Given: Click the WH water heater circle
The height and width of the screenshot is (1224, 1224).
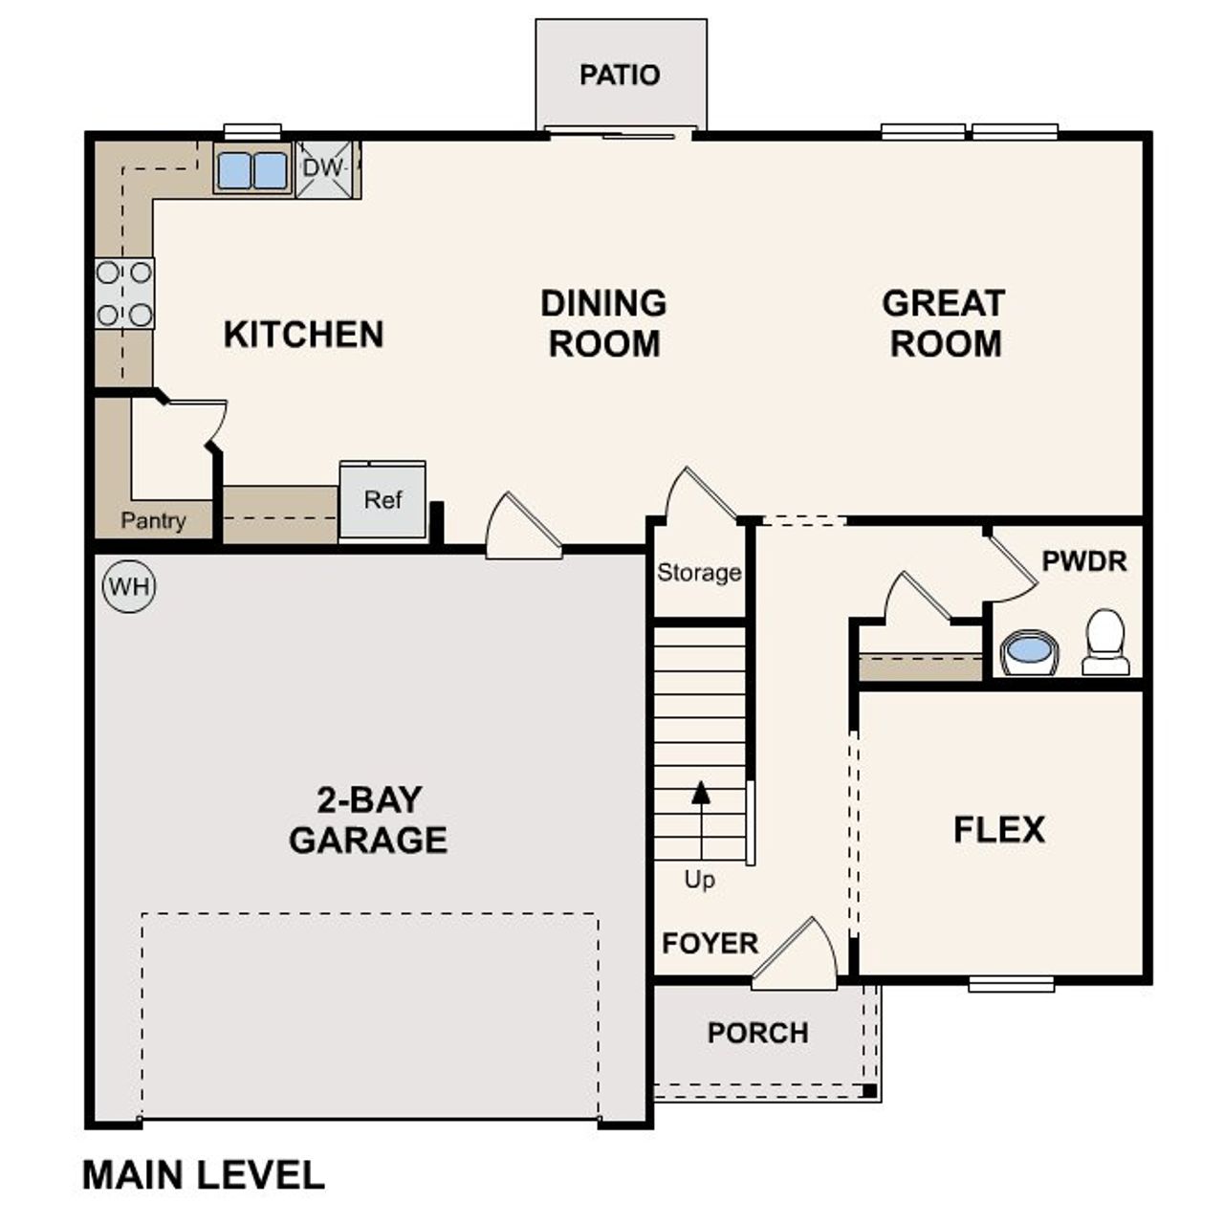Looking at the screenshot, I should [x=129, y=585].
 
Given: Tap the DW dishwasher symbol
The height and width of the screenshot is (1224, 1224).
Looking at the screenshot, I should [x=324, y=168].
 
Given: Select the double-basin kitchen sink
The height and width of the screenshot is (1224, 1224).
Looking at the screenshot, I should [x=252, y=170].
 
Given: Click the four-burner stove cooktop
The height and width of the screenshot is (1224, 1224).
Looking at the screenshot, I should [x=124, y=294].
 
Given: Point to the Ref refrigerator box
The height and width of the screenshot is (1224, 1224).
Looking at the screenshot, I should [x=382, y=500].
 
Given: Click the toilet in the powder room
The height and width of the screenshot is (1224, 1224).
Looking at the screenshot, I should [x=1106, y=644].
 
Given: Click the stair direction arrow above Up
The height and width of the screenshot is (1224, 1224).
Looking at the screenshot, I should [x=701, y=793].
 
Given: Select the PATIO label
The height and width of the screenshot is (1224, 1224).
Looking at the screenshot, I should [x=620, y=75].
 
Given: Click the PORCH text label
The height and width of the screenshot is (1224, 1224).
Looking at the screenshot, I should [x=757, y=1033].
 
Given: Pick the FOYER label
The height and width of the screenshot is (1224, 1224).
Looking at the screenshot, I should [x=710, y=944].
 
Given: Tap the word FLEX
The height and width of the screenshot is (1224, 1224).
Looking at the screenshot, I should [x=999, y=829].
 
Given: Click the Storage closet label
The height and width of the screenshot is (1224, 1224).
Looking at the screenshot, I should [x=699, y=573].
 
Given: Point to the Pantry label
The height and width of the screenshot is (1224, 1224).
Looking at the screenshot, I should [x=153, y=521].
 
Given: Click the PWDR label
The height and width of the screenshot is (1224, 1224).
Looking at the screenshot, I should [x=1084, y=561].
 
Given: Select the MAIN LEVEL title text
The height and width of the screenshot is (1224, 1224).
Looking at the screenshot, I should [x=204, y=1175].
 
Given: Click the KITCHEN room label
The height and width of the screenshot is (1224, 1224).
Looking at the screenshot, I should [x=303, y=335].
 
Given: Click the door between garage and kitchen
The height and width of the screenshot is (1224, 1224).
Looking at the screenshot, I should [x=522, y=530].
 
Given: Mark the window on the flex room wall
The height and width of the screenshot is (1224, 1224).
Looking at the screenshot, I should [x=1011, y=983].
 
